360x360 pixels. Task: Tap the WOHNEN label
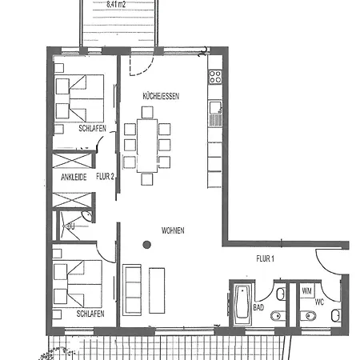[172, 230]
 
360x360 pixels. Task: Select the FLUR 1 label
[265, 258]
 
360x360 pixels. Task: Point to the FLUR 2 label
[106, 177]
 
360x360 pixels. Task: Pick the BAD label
[258, 306]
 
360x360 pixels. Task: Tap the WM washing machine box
[306, 291]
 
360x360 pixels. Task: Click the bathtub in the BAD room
[240, 305]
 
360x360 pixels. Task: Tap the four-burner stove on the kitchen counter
[214, 78]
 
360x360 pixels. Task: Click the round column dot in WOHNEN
[146, 245]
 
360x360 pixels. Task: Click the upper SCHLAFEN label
[92, 128]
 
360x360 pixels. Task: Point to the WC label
[319, 302]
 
